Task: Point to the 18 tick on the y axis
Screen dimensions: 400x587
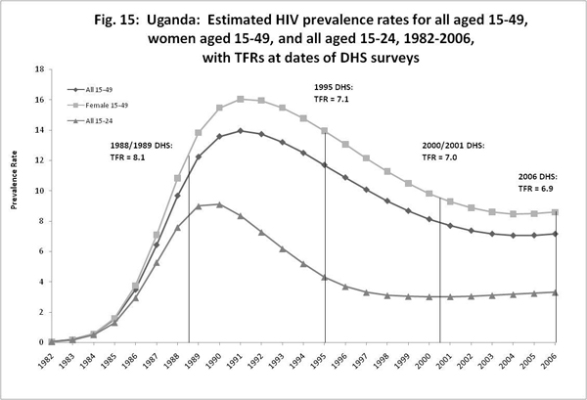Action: [40, 69]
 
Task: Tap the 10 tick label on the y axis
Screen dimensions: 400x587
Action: [40, 191]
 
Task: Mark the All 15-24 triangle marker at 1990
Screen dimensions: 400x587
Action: [219, 204]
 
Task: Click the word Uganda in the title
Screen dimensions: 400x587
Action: [219, 14]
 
